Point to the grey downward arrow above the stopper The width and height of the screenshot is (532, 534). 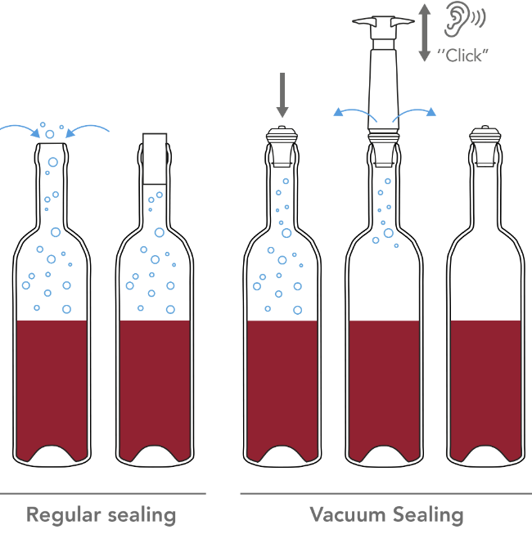point(282,94)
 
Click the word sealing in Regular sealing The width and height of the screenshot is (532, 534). point(140,516)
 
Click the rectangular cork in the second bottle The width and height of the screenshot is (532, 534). point(155,158)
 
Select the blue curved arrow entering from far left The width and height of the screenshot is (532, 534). point(20,126)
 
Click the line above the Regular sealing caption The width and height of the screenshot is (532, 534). point(102,494)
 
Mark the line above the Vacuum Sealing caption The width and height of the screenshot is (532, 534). point(385,494)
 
